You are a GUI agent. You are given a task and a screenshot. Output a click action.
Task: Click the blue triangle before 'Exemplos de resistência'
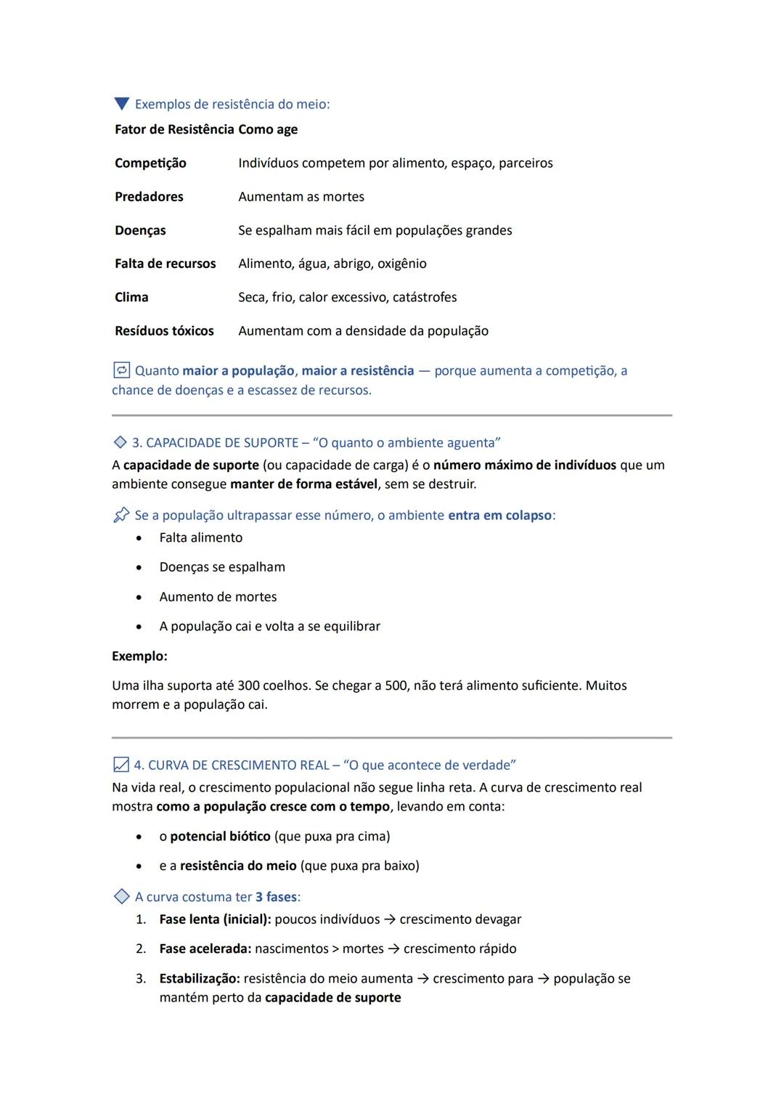121,104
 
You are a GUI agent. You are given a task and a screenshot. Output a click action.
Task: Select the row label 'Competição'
150,163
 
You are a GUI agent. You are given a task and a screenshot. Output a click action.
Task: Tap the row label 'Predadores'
149,197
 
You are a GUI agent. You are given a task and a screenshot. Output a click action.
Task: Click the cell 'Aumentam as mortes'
301,197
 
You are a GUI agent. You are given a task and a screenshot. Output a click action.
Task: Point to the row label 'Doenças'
140,230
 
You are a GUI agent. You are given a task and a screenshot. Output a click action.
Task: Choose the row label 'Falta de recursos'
165,264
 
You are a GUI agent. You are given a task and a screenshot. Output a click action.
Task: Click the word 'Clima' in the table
131,297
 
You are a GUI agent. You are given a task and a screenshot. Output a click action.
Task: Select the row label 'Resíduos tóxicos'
164,331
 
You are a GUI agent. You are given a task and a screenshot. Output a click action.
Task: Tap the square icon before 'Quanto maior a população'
121,370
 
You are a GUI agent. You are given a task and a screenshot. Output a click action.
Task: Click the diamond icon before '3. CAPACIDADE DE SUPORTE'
120,442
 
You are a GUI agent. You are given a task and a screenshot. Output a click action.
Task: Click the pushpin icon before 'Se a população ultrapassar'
121,515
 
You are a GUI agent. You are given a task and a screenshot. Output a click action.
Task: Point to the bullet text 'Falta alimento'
201,537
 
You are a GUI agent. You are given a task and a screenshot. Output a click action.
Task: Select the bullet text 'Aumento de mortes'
218,597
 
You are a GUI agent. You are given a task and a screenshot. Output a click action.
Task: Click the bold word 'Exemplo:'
139,656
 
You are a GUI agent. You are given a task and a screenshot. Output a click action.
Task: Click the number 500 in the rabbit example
396,686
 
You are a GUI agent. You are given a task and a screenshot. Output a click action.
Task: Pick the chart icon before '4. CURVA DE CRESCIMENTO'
121,765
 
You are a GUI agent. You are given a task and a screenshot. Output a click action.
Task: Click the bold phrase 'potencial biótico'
220,837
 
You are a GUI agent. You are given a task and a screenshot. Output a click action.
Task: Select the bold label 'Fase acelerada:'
205,948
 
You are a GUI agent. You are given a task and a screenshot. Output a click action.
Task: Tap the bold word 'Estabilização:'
200,979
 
